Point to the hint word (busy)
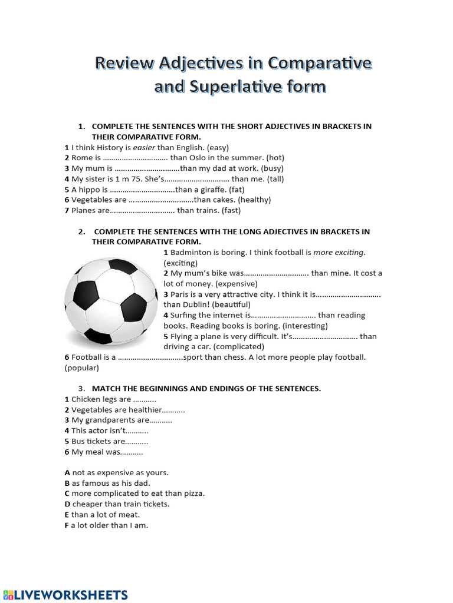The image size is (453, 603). pos(272,168)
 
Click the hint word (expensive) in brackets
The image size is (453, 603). pos(236,284)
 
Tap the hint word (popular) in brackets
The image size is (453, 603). pos(82,368)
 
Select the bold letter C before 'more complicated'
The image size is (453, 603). pos(67,493)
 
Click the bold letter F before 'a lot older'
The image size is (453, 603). pos(67,525)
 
